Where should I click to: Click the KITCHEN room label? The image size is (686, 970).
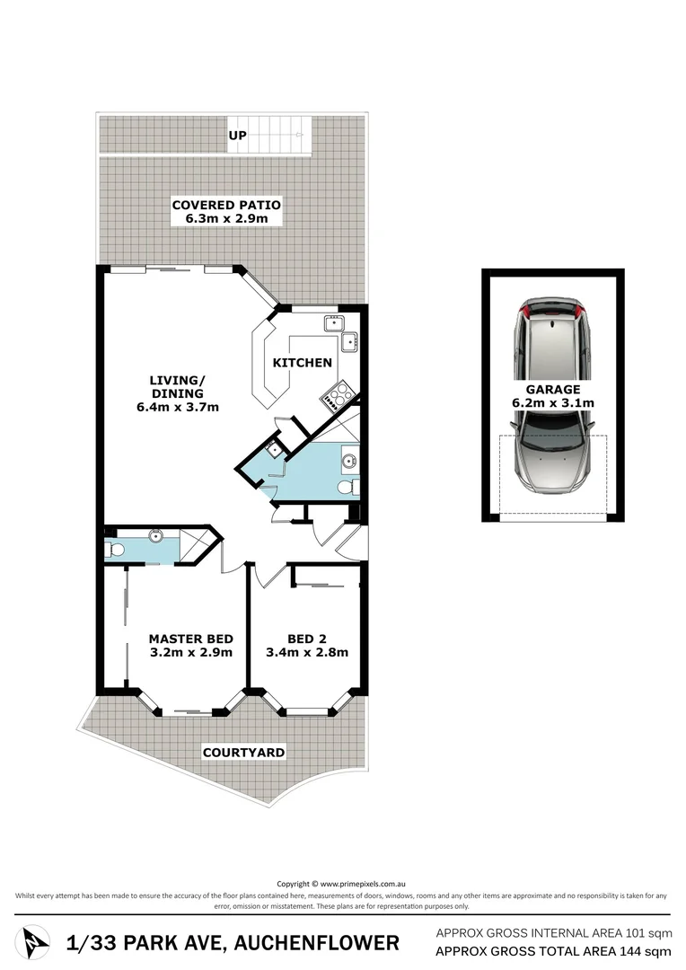[x=303, y=363]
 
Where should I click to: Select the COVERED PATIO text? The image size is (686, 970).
[x=226, y=205]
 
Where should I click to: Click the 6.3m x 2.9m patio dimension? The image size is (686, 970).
[x=226, y=218]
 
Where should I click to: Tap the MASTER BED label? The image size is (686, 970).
[x=190, y=639]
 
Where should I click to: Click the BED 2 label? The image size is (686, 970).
[x=306, y=639]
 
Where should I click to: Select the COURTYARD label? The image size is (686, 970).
[x=243, y=753]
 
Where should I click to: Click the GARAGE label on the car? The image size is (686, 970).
[x=553, y=390]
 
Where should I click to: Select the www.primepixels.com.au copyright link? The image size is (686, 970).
[x=365, y=883]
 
